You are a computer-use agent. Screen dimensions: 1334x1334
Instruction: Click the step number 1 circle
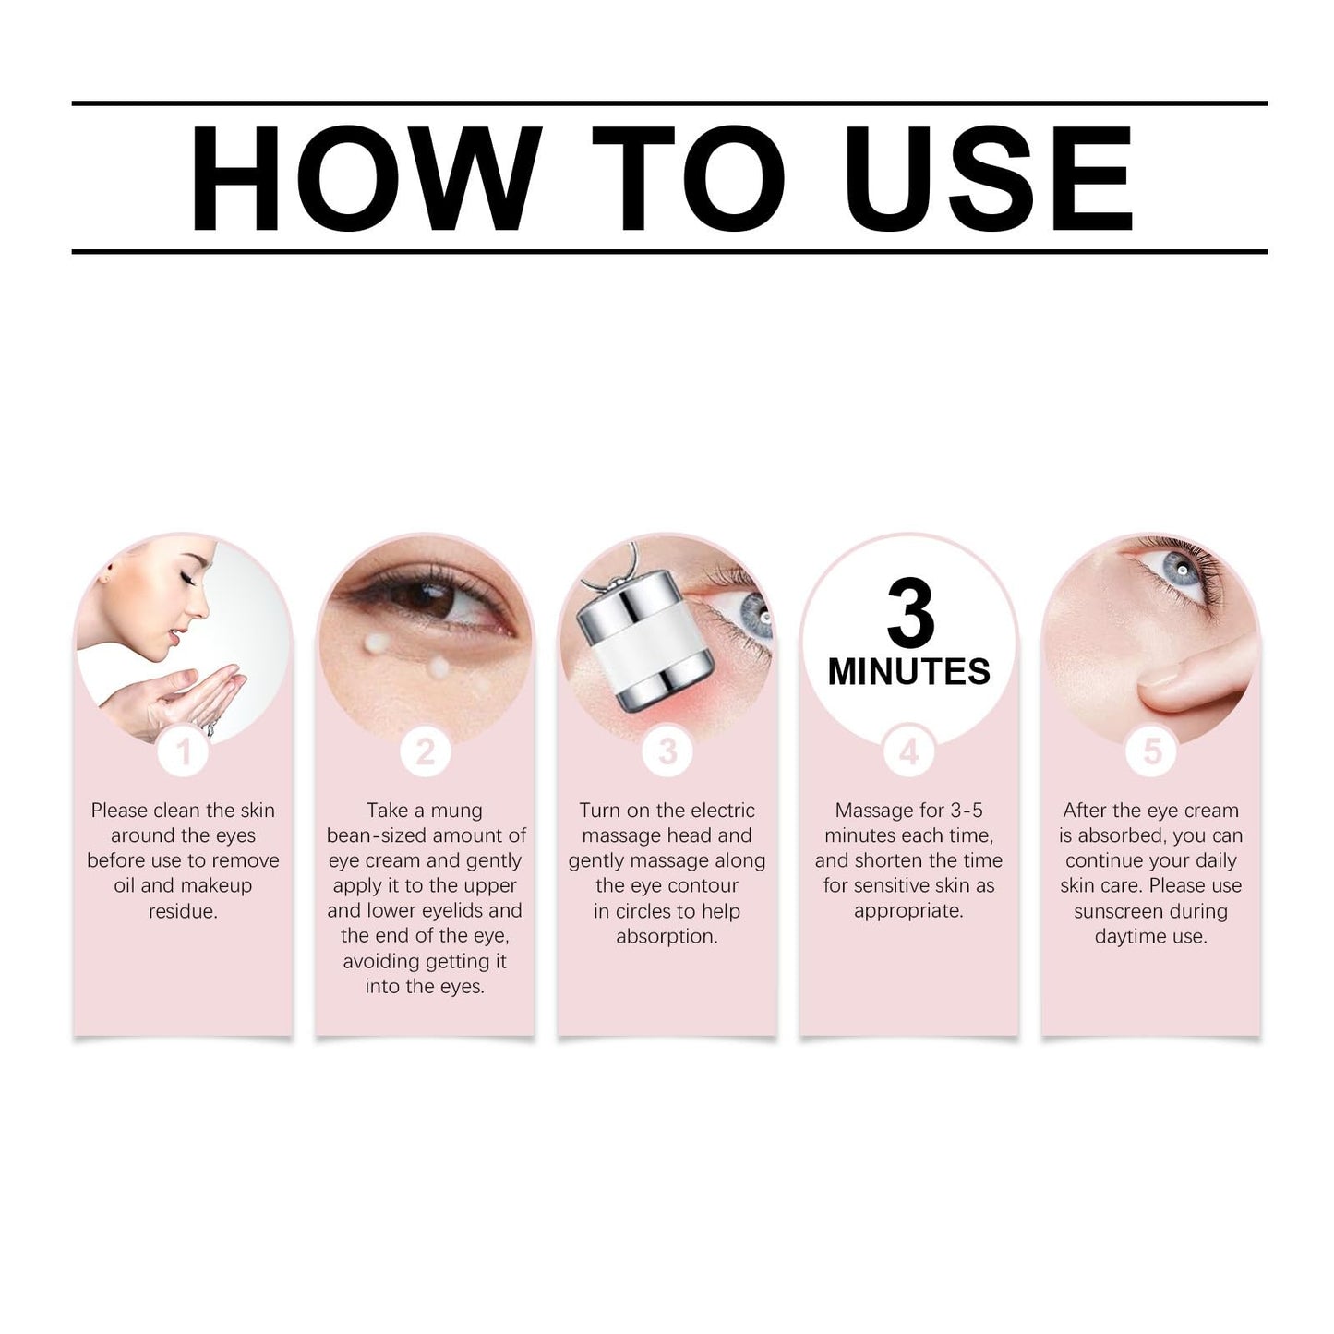[184, 751]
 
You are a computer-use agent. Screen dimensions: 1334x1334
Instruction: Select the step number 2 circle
[425, 751]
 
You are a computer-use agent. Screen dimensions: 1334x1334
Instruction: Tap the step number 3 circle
[667, 751]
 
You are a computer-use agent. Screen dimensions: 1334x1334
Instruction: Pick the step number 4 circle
[909, 751]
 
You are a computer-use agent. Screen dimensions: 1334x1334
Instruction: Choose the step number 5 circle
[1151, 751]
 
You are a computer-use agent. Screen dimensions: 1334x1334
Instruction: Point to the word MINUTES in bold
[909, 671]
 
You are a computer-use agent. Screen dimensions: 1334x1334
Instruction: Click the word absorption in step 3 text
[667, 936]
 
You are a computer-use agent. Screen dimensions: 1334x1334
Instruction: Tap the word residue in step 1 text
[183, 911]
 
